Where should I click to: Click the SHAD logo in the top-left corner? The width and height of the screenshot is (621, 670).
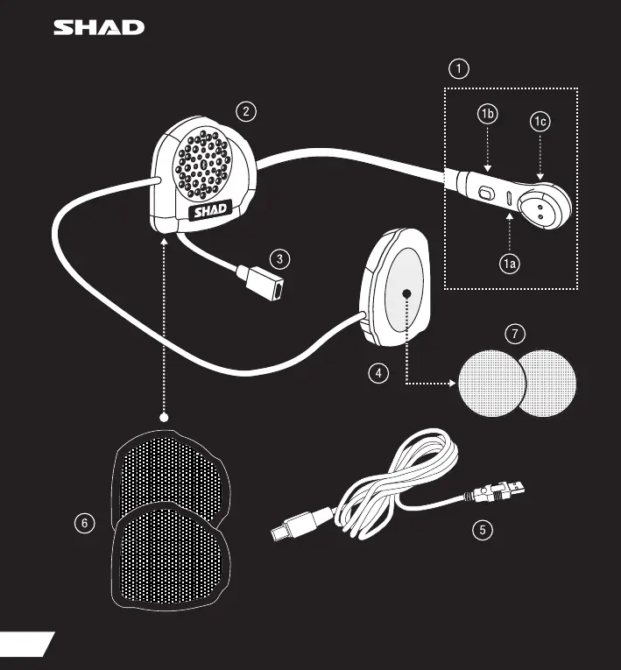[100, 27]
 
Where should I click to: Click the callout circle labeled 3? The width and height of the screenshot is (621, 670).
[279, 258]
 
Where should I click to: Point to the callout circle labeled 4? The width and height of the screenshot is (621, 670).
[378, 372]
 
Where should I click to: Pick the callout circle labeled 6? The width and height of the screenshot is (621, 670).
[84, 523]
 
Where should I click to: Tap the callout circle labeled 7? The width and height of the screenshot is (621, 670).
[516, 333]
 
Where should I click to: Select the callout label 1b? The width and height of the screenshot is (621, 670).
[489, 115]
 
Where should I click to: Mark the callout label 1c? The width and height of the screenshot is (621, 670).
[540, 123]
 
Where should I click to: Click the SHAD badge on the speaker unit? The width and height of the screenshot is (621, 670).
[208, 209]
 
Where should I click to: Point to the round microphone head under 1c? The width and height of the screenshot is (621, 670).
[542, 207]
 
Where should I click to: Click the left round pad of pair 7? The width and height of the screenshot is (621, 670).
[490, 383]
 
